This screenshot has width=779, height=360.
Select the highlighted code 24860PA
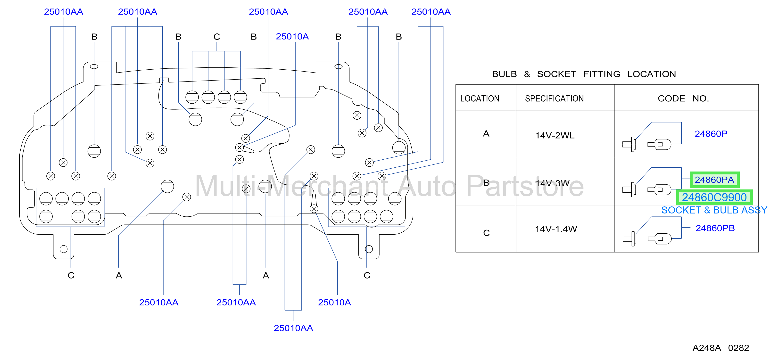pos(714,180)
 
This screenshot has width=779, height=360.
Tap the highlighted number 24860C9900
pos(714,197)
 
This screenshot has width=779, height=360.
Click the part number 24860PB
pos(715,228)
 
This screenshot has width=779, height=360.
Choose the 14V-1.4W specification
pos(556,229)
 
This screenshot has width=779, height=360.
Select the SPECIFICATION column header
pos(554,98)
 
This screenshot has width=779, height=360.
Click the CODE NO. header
pos(683,98)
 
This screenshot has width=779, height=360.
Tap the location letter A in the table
pos(486,134)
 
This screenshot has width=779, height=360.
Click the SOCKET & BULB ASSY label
pos(714,210)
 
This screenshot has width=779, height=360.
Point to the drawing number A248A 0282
pos(721,348)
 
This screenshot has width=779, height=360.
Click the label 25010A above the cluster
pos(292,37)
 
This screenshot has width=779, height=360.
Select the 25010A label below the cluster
pos(334,302)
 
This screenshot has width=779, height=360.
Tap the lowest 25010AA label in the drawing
pos(293,328)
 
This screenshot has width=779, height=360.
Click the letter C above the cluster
pos(216,37)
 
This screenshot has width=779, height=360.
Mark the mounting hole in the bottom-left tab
pos(64,249)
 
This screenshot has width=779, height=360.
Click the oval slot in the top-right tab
pos(338,66)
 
